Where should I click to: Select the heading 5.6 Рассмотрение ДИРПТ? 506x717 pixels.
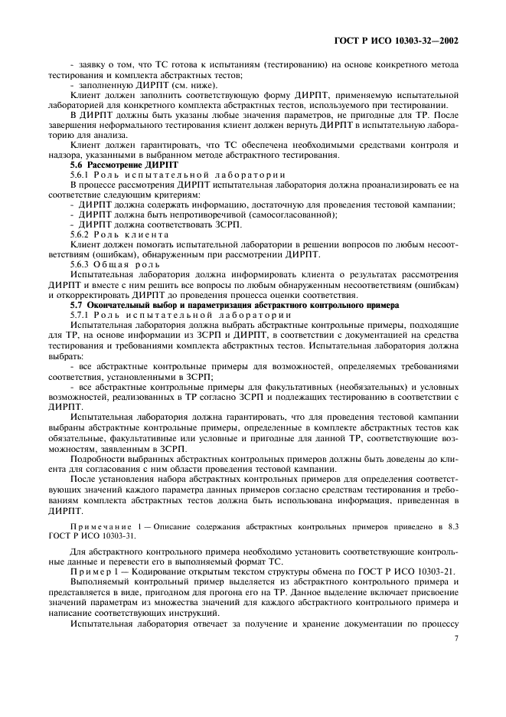pyautogui.click(x=124, y=165)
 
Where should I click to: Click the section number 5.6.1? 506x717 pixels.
pyautogui.click(x=82, y=175)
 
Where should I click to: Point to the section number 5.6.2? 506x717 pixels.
pyautogui.click(x=82, y=234)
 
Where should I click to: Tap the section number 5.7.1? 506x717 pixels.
pyautogui.click(x=82, y=315)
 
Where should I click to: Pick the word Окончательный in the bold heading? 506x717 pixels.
pyautogui.click(x=121, y=305)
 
